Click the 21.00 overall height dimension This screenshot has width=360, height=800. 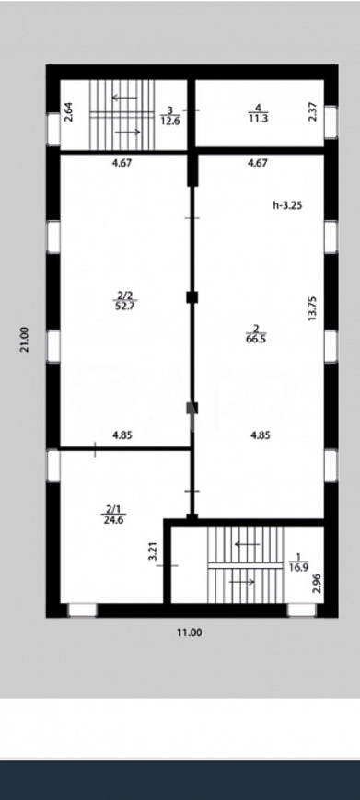click(x=27, y=340)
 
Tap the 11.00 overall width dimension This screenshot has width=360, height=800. click(x=189, y=632)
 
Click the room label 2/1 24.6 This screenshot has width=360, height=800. click(x=113, y=512)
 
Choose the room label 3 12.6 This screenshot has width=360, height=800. click(x=169, y=113)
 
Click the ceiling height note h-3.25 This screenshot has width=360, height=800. click(x=288, y=206)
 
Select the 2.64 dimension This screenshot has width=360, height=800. click(x=68, y=113)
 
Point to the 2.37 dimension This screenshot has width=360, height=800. click(x=313, y=113)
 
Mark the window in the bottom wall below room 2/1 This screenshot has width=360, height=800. click(x=82, y=609)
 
